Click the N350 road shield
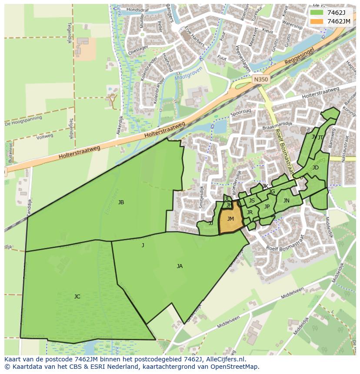260,79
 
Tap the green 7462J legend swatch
317,12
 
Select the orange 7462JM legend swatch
317,21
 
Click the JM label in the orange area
230,219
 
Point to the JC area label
77,297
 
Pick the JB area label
121,202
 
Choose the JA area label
180,266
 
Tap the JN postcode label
286,201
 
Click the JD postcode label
315,168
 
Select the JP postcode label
267,207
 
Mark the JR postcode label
250,212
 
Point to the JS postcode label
252,201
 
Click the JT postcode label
320,138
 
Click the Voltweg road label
45,136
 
